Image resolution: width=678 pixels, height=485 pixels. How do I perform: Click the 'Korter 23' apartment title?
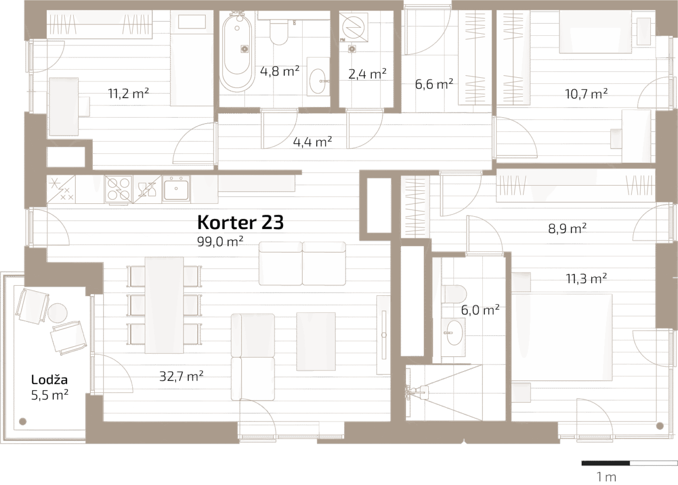[x=240, y=223]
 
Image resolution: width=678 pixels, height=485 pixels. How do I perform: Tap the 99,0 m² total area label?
[x=220, y=241]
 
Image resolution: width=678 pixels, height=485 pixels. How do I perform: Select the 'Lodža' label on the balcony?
[x=49, y=379]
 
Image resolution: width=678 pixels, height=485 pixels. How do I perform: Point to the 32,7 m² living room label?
[x=181, y=376]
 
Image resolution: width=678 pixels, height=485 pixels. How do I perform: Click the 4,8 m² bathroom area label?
[x=279, y=71]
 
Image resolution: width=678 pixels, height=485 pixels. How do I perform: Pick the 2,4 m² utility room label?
[x=367, y=74]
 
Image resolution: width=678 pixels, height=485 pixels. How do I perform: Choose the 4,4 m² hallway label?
[x=312, y=142]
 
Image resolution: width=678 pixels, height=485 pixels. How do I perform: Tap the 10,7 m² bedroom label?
[x=586, y=93]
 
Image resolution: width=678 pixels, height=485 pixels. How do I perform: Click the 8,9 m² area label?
[x=567, y=229]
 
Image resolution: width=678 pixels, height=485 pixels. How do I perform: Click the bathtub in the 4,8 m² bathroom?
[x=237, y=51]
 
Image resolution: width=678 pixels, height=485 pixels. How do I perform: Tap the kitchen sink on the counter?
[x=176, y=188]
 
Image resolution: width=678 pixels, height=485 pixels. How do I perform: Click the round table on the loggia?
[x=58, y=313]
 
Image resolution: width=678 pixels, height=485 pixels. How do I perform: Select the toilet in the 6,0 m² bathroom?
[x=454, y=294]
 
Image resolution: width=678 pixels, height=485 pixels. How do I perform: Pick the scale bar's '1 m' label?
[x=606, y=477]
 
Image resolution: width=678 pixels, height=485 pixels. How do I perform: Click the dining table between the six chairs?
[x=164, y=305]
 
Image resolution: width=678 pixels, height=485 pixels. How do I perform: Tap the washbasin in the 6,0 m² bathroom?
[x=455, y=333]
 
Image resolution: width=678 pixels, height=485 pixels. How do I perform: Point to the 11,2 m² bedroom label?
[x=128, y=93]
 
